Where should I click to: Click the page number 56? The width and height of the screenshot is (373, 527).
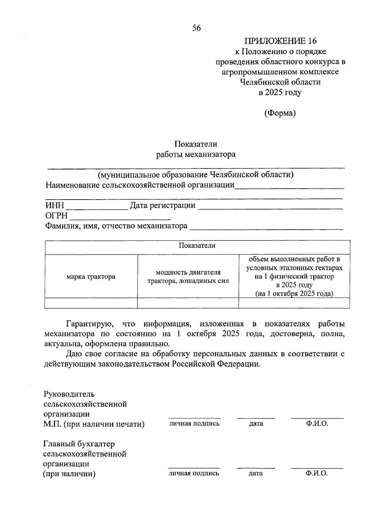tap(196, 28)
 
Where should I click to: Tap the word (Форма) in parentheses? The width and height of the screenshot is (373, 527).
tap(280, 113)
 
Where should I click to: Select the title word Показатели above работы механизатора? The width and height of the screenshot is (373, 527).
tap(196, 144)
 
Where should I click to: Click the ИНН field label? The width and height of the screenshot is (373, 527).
tap(55, 205)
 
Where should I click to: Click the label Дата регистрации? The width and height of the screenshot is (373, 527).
tap(163, 205)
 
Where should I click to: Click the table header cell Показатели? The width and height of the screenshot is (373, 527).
tap(197, 245)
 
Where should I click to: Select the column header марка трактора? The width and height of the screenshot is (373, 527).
tap(91, 277)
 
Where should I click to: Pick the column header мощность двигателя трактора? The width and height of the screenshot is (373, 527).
tap(188, 277)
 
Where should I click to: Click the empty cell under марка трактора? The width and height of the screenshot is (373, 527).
tap(91, 303)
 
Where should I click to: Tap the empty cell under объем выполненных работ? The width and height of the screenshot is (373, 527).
tap(294, 303)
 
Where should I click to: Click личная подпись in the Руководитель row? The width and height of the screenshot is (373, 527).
tap(194, 423)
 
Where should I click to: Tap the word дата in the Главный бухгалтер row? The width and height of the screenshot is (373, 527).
tap(256, 473)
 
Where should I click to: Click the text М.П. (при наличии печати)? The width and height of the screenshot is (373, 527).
tap(94, 424)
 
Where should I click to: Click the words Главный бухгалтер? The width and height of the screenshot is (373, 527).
tap(79, 444)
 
